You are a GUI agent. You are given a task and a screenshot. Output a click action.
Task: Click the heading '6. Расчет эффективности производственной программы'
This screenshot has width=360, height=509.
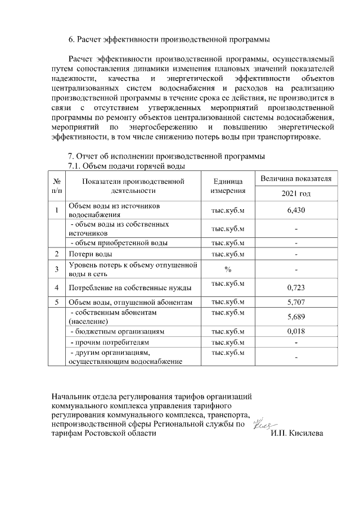click(169, 40)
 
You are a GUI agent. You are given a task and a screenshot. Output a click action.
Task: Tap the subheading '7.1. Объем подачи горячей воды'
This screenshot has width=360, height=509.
click(127, 166)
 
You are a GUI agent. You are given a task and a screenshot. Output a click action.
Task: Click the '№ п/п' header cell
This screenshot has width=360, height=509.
click(57, 186)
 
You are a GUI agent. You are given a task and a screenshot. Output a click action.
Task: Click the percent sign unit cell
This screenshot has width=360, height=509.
click(228, 269)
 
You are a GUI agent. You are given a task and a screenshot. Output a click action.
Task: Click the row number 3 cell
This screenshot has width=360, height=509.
click(57, 269)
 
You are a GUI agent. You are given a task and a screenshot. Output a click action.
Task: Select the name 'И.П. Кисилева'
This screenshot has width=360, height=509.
click(296, 434)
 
